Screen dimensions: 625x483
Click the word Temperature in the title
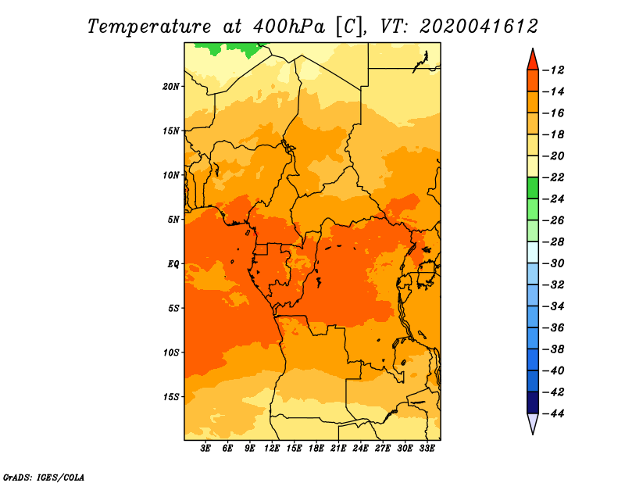pos(149,27)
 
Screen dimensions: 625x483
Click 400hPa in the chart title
pos(288,27)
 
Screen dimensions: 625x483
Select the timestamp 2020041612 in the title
pos(478,27)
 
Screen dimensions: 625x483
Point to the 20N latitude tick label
pos(171,87)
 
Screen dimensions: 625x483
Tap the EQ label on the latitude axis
pos(173,264)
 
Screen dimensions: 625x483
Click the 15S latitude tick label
pos(171,397)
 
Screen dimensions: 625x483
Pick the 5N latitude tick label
pos(173,220)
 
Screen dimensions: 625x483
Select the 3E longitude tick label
pos(205,449)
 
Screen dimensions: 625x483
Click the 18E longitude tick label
pos(316,449)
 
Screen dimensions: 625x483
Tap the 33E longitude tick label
pos(427,449)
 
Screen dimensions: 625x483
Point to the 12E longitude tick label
pos(272,449)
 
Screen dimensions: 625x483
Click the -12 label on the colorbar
pos(554,70)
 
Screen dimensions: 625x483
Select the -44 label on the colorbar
pos(554,413)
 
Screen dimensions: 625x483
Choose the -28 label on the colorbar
pos(554,242)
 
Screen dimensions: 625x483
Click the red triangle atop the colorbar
pos(533,60)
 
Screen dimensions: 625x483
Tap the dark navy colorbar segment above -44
pos(533,402)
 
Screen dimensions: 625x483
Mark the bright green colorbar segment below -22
pos(533,188)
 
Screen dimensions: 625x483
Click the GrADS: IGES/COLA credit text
pos(44,477)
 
